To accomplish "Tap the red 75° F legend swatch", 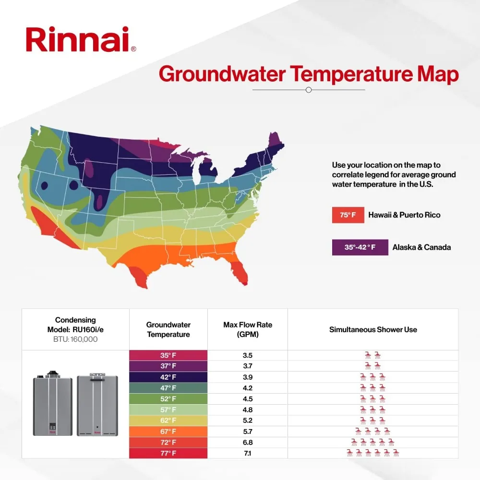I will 348,215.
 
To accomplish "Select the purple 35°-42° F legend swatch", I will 360,247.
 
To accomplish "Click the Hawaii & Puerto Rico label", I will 404,215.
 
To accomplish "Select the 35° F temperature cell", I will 168,356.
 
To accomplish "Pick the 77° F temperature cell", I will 168,453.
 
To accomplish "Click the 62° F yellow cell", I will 168,420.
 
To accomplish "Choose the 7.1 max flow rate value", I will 248,453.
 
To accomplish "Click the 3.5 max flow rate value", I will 248,356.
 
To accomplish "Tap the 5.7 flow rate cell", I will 248,431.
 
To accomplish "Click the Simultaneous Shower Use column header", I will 373,329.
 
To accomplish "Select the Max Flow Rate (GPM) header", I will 248,329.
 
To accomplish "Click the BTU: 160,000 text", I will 75,338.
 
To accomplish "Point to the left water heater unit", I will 53,404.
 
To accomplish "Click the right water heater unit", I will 97,404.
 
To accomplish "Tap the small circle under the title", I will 309,90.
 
